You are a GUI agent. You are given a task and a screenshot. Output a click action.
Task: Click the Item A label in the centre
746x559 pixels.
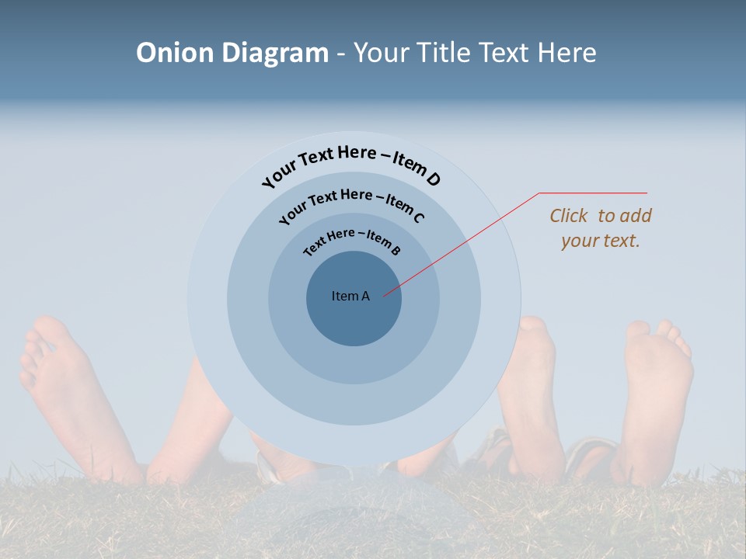(x=350, y=296)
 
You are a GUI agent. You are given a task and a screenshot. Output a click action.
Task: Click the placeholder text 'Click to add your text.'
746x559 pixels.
(x=601, y=228)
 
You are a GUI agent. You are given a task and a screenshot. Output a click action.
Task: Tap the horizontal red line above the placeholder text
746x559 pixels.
(x=594, y=193)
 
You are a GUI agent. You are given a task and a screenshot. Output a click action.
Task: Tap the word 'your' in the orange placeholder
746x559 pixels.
(x=580, y=241)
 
